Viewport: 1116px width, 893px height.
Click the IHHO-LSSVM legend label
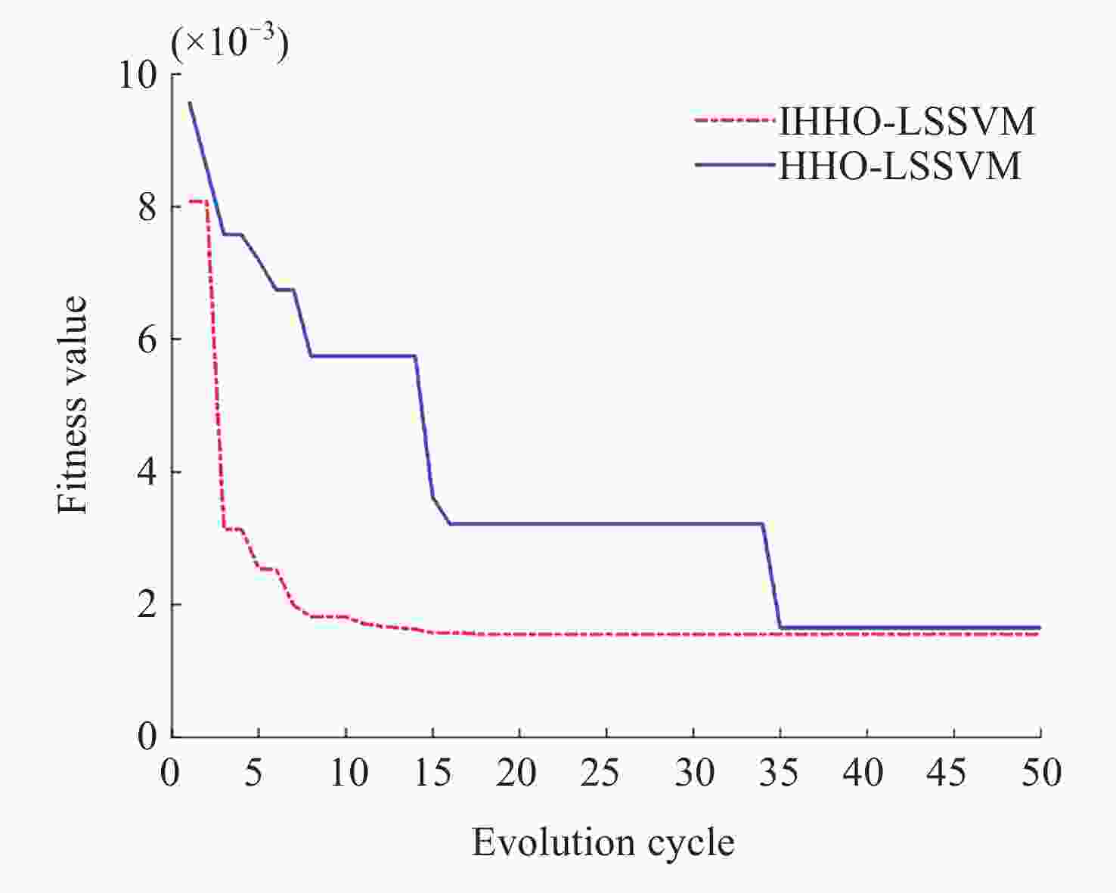tap(907, 121)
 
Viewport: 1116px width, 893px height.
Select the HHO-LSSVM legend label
tap(900, 166)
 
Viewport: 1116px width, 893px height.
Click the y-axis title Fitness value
tap(73, 405)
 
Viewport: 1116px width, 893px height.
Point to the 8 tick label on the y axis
tap(147, 207)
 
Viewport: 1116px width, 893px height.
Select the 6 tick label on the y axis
tap(147, 340)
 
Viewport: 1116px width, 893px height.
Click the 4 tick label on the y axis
tap(147, 473)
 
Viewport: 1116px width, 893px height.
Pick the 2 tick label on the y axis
tap(147, 605)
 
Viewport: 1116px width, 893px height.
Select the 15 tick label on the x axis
tap(432, 773)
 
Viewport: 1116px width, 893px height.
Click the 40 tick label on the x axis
tap(864, 773)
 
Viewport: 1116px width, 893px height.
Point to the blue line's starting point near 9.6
tap(190, 102)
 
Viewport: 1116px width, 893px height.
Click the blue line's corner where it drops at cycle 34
tap(762, 523)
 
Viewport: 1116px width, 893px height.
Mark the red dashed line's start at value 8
tap(190, 201)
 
